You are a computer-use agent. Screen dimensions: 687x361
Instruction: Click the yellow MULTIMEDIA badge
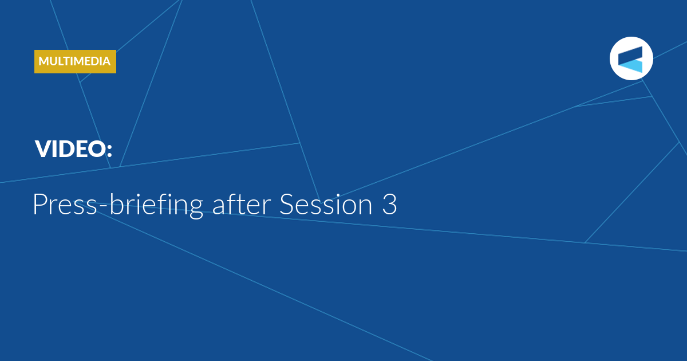click(x=75, y=61)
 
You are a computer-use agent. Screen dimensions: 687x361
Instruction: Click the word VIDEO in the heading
click(x=70, y=149)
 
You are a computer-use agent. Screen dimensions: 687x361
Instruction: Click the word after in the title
click(x=242, y=203)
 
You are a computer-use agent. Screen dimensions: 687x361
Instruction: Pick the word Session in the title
click(x=326, y=204)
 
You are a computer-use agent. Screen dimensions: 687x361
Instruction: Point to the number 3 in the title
click(x=389, y=204)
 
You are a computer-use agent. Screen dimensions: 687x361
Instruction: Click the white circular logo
click(x=631, y=58)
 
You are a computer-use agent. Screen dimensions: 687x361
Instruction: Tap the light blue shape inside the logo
click(x=630, y=66)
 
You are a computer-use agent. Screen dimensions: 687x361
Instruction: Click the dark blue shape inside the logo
click(x=630, y=54)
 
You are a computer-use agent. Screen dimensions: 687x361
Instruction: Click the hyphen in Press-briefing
click(x=103, y=206)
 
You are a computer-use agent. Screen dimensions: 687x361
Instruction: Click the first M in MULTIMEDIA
click(x=44, y=61)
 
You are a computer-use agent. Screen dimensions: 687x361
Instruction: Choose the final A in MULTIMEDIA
click(x=105, y=61)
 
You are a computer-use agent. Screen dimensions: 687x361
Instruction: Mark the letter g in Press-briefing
click(x=194, y=209)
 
